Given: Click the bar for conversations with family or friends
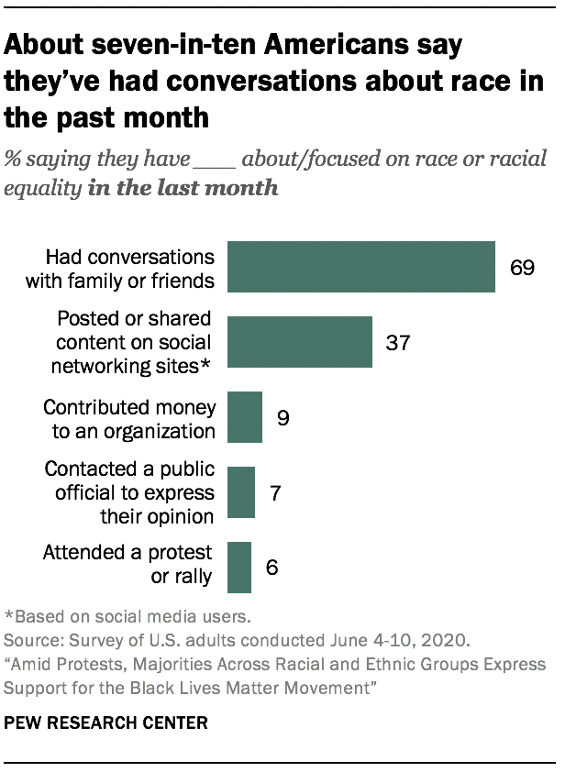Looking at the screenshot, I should click(360, 268).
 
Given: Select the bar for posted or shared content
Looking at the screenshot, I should click(299, 342).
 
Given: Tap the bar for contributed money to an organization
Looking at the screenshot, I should click(244, 417).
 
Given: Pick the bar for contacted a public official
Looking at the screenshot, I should click(240, 492).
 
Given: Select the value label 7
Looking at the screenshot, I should click(274, 493).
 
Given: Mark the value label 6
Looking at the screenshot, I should click(271, 567).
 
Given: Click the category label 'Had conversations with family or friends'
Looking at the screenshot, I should click(129, 268).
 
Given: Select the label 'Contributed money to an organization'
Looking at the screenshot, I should click(128, 418).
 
